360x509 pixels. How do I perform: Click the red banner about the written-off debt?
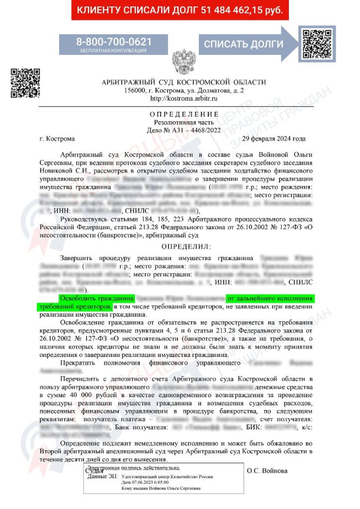tap(180, 10)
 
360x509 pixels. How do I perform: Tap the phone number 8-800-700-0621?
tap(114, 41)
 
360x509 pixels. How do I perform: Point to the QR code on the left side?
tap(25, 82)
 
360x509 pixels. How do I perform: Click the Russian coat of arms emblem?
tap(183, 62)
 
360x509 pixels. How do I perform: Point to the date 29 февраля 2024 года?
tap(273, 138)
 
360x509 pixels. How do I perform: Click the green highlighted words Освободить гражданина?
tap(97, 298)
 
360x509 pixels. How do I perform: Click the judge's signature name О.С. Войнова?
tap(267, 470)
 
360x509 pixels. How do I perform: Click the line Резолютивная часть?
tap(183, 122)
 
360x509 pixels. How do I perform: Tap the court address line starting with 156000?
tap(183, 91)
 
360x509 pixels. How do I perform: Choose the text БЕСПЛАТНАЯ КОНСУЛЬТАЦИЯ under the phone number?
tap(114, 50)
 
